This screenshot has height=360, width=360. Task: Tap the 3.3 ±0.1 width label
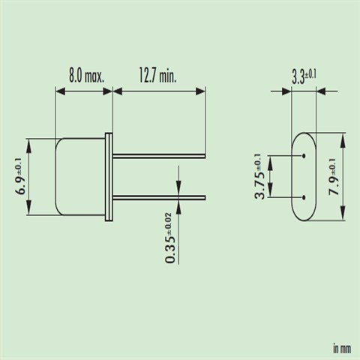tap(304, 77)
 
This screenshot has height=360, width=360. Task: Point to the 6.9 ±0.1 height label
tap(22, 176)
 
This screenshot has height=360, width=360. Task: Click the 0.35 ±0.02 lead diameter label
tap(171, 238)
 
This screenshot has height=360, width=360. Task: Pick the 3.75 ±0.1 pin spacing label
tap(259, 176)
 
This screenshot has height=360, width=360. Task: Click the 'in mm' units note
tap(342, 349)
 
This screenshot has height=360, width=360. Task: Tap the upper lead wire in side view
tap(159, 156)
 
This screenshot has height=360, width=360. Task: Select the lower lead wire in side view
tap(159, 198)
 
